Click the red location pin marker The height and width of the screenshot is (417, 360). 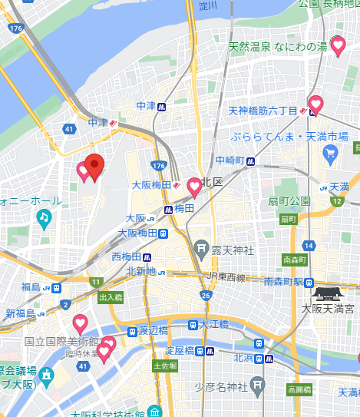coord(94,166)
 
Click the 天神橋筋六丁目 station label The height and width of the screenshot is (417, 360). coord(263,111)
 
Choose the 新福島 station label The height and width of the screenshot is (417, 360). coord(21,313)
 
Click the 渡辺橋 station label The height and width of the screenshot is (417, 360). coord(153,330)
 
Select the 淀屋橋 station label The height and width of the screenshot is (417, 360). coord(179,351)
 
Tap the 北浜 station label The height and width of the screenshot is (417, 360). coord(243,357)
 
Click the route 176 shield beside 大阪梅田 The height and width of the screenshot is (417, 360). coord(159,167)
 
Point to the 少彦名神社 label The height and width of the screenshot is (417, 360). coord(230,386)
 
